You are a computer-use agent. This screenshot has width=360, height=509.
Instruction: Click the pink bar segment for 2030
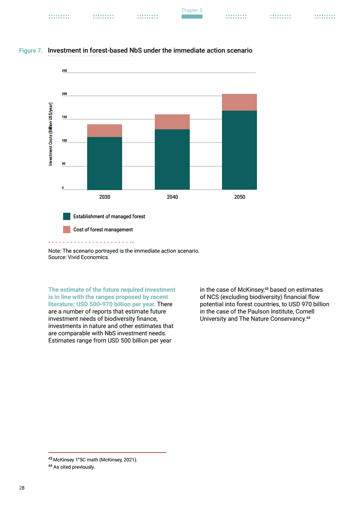click(x=104, y=131)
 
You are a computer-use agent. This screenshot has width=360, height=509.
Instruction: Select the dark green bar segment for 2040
click(x=172, y=159)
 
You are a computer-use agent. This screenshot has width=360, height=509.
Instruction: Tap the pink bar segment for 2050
click(x=239, y=102)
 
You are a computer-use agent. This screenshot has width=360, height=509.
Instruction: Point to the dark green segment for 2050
click(x=239, y=150)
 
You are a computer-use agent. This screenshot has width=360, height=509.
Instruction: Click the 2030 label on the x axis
click(x=104, y=197)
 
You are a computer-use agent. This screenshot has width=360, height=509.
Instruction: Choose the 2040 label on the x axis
click(x=172, y=197)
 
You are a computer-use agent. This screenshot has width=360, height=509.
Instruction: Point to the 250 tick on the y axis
click(x=64, y=71)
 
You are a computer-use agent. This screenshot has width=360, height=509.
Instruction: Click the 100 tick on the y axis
click(x=64, y=141)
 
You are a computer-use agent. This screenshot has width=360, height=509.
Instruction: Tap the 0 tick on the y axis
click(x=63, y=187)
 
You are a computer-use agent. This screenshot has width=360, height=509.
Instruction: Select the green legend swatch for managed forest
click(x=67, y=216)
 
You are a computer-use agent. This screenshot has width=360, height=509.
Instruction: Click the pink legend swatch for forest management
click(x=67, y=230)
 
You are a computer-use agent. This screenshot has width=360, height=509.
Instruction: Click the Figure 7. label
click(x=31, y=50)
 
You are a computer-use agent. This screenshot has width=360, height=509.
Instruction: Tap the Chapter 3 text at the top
click(x=192, y=10)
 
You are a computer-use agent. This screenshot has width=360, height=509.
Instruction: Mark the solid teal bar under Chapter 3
click(x=192, y=17)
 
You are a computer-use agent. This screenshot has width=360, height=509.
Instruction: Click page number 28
click(x=22, y=488)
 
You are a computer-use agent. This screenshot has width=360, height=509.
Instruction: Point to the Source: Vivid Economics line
click(x=79, y=257)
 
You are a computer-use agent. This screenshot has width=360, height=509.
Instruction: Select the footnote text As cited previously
click(x=74, y=467)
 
